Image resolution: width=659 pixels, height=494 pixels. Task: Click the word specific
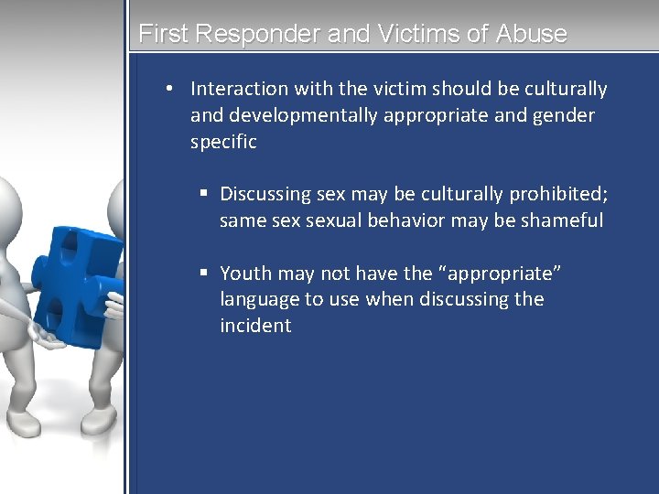tap(223, 142)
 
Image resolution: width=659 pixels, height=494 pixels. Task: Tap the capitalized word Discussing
tap(265, 194)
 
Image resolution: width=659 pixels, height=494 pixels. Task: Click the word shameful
tap(562, 220)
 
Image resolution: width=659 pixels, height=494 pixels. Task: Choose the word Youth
tap(245, 273)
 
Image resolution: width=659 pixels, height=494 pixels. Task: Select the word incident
tap(255, 326)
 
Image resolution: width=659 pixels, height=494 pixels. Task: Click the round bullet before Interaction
tap(170, 89)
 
